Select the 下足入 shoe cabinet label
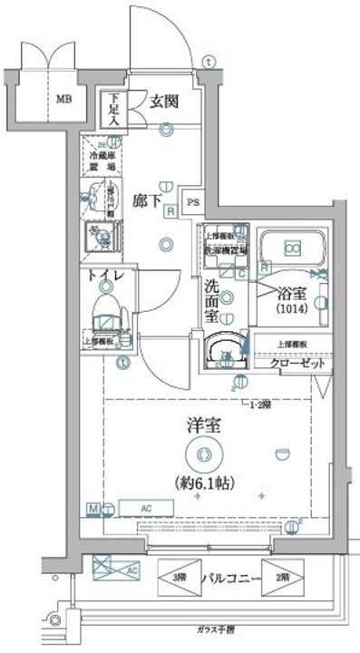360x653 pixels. click(x=114, y=111)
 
